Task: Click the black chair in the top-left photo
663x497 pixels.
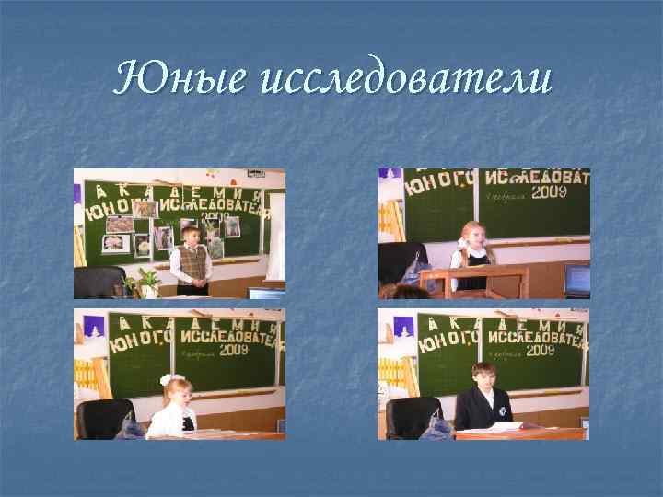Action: pyautogui.click(x=99, y=282)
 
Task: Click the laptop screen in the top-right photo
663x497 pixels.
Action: pyautogui.click(x=577, y=277)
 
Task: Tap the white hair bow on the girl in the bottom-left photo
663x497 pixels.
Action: pyautogui.click(x=168, y=379)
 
